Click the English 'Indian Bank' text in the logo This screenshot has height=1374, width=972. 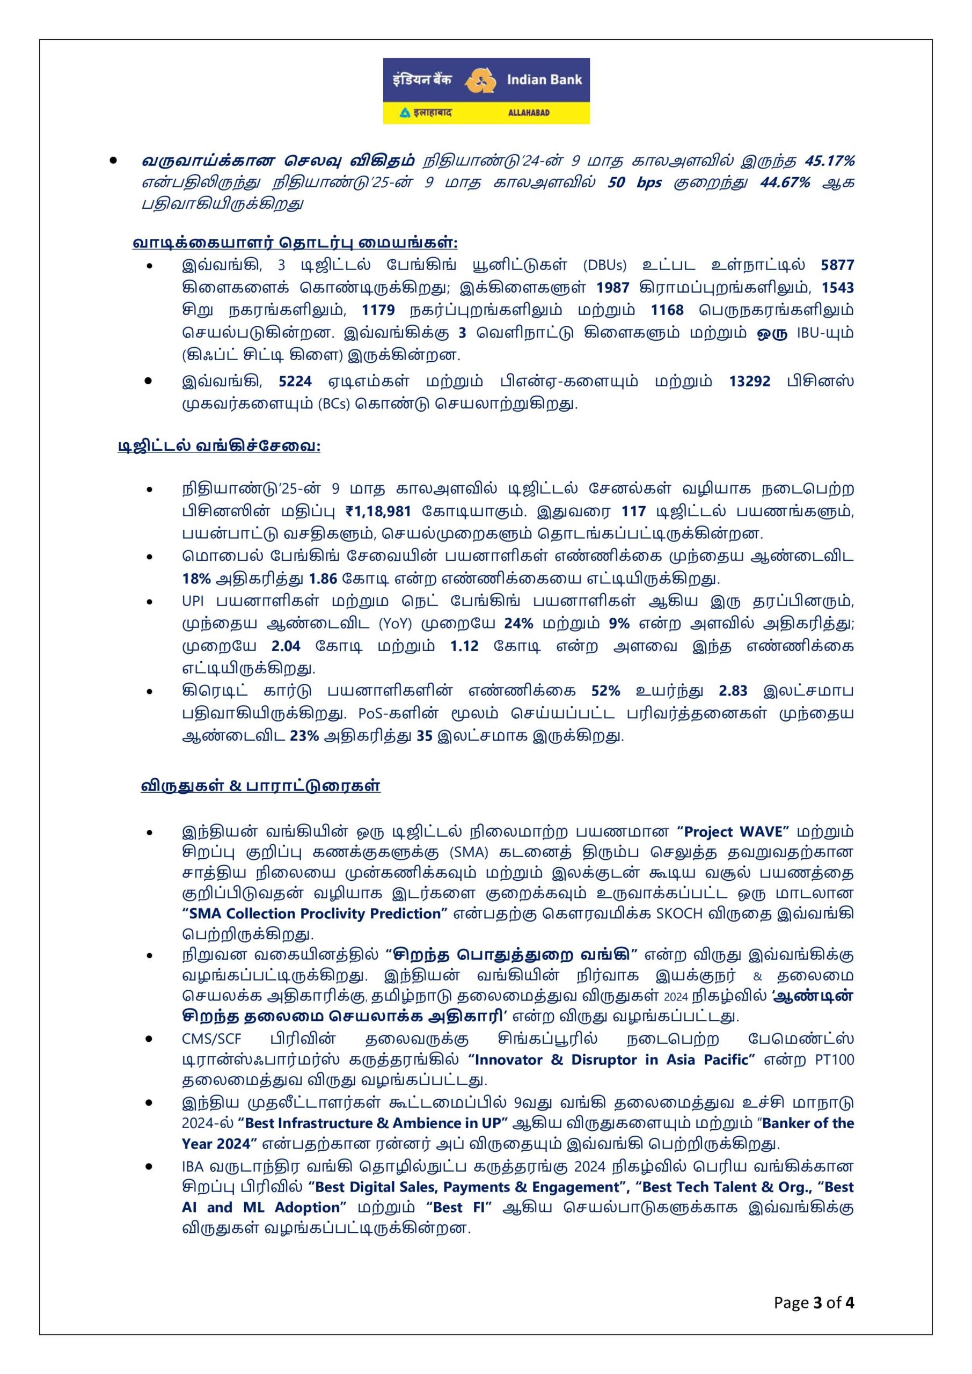pos(544,79)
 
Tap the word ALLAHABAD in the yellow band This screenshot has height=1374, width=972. pos(529,113)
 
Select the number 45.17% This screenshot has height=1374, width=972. pos(829,161)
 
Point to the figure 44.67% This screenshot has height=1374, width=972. pos(785,182)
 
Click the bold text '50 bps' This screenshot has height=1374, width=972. pos(634,182)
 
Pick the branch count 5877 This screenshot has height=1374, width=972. pos(837,265)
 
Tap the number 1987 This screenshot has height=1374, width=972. pos(612,288)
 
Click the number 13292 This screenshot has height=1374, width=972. pos(749,381)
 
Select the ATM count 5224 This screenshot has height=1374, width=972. pos(295,381)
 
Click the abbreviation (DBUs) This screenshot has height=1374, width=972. pos(604,265)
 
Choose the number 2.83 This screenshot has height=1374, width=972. pos(733,691)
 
